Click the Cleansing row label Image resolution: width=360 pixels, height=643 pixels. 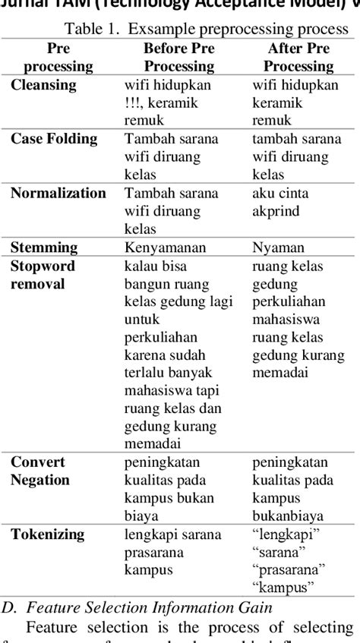click(43, 85)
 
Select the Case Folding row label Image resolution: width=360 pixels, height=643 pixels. click(54, 139)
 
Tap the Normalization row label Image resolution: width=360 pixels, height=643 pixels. click(58, 193)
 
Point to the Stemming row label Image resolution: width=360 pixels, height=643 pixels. click(44, 247)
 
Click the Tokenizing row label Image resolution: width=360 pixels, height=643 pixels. click(47, 534)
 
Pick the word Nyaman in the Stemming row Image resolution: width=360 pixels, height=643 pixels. click(278, 247)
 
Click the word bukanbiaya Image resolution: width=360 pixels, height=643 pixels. click(289, 516)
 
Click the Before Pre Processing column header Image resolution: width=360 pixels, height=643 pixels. click(178, 57)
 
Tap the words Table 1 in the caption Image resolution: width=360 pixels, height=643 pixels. click(92, 30)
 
